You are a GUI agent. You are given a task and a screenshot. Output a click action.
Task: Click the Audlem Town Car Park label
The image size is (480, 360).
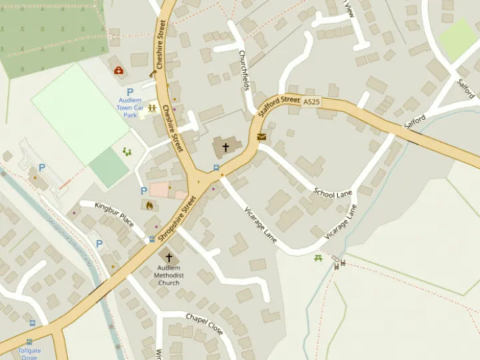coord(130,107)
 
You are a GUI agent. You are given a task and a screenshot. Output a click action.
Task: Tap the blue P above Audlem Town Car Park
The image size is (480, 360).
coord(130,93)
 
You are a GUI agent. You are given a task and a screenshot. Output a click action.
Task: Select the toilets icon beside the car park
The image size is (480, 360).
coord(153,107)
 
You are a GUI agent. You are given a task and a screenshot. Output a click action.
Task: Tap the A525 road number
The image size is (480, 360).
coord(311,102)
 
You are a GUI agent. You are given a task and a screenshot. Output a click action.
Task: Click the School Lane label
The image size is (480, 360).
coord(333,193)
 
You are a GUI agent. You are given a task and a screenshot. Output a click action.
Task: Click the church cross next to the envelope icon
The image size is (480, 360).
coord(225,147)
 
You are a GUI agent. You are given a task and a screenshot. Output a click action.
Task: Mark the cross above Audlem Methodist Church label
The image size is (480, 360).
coord(169,257)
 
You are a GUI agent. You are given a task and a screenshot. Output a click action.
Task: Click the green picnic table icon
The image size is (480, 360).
coord(319,257)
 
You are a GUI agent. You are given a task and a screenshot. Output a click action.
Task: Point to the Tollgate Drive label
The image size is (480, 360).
coord(29,353)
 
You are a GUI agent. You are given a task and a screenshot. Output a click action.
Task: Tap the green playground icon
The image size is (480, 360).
coord(127,152)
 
